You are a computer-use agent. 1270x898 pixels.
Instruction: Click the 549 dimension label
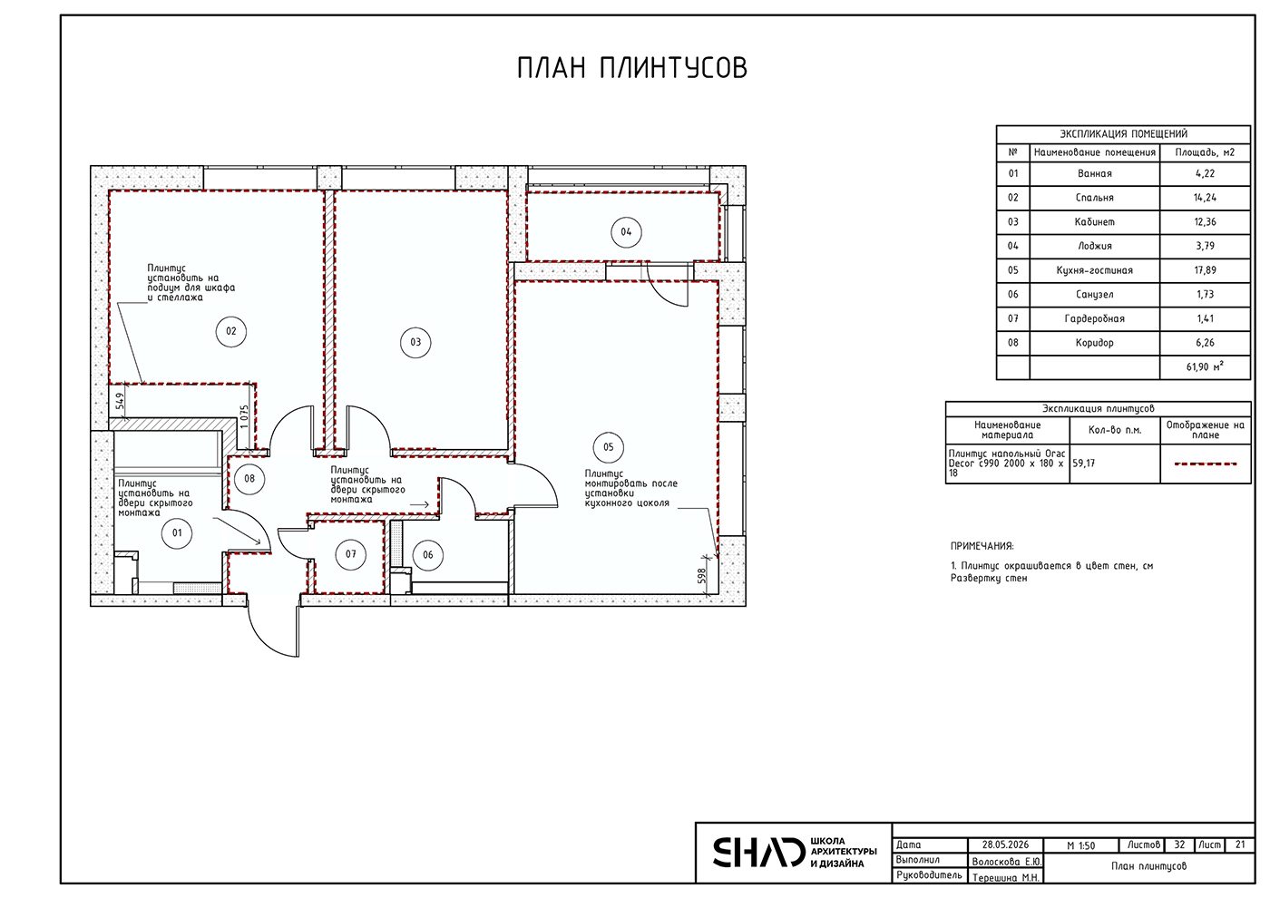pyautogui.click(x=120, y=401)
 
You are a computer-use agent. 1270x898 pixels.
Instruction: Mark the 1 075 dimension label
pyautogui.click(x=244, y=417)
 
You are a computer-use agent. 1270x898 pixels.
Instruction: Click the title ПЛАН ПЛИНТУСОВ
pyautogui.click(x=632, y=68)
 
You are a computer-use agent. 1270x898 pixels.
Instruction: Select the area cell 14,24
pyautogui.click(x=1205, y=198)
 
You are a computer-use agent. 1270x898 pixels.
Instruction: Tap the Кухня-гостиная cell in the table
pyautogui.click(x=1094, y=270)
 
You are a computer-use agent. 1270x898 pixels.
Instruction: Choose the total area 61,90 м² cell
pyautogui.click(x=1205, y=366)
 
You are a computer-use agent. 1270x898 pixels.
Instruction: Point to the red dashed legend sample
pyautogui.click(x=1206, y=464)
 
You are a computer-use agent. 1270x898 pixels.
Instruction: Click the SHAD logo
pyautogui.click(x=758, y=852)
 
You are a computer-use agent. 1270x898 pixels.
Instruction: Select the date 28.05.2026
pyautogui.click(x=1005, y=844)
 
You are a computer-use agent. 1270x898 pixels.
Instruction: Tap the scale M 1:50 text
pyautogui.click(x=1080, y=845)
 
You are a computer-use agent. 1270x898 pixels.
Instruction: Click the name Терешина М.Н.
pyautogui.click(x=1006, y=878)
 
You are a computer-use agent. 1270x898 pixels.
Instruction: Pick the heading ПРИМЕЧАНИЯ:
pyautogui.click(x=982, y=546)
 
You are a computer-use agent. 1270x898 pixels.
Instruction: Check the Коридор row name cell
pyautogui.click(x=1094, y=343)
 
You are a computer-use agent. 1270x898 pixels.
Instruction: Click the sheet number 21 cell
pyautogui.click(x=1240, y=844)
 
